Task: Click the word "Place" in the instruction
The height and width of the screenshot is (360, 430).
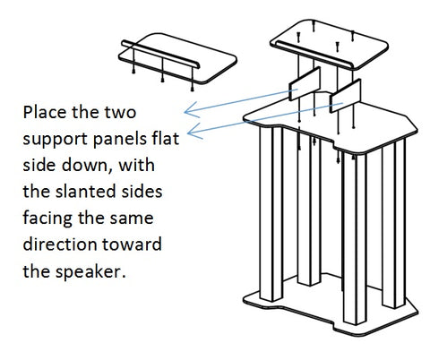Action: click(x=45, y=112)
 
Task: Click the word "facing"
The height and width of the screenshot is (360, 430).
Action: click(x=47, y=219)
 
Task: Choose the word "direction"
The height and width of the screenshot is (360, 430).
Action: click(x=61, y=244)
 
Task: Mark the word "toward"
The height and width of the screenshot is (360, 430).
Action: click(x=132, y=244)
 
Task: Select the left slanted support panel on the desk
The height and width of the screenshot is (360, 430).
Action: click(x=305, y=83)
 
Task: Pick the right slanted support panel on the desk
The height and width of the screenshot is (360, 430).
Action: click(x=345, y=96)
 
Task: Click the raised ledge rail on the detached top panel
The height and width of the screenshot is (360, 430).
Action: click(x=160, y=54)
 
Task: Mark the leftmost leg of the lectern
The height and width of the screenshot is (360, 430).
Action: click(x=271, y=213)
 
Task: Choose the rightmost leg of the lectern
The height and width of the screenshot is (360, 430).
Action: click(x=393, y=224)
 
